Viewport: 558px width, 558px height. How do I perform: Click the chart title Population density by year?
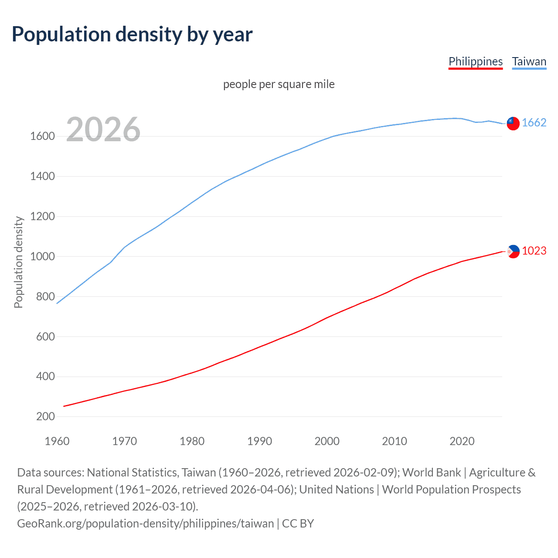(x=132, y=34)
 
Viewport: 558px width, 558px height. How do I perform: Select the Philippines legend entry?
(x=476, y=61)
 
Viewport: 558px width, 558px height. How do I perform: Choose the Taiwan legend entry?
(x=529, y=61)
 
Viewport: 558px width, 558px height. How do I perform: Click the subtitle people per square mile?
(x=279, y=84)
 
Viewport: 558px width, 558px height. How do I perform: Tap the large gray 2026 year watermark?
(x=103, y=129)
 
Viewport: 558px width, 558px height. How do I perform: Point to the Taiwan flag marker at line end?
(x=513, y=123)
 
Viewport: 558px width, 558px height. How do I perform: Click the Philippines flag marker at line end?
(x=513, y=252)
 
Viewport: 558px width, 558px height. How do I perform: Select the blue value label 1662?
(x=534, y=123)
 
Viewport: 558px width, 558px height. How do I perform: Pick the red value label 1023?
(x=534, y=251)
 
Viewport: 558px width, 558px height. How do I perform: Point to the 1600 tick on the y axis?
(x=42, y=136)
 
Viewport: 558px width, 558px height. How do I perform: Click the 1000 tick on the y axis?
(x=42, y=256)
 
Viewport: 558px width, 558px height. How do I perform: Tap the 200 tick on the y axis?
(x=45, y=417)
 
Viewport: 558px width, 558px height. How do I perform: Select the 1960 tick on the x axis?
(x=57, y=441)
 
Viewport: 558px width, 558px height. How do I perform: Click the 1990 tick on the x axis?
(x=259, y=441)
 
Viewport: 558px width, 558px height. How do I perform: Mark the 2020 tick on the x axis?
(x=462, y=441)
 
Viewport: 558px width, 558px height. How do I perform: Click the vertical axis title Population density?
(x=18, y=262)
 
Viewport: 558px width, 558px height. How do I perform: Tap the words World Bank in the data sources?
(x=432, y=473)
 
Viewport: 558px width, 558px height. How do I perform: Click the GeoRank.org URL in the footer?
(x=145, y=524)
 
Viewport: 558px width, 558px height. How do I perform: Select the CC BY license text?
(x=298, y=524)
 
